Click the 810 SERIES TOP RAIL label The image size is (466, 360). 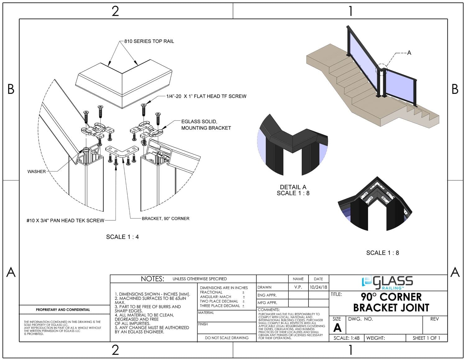point(149,41)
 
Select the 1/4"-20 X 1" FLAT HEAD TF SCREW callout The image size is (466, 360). point(206,96)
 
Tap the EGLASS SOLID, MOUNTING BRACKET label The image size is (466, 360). point(206,125)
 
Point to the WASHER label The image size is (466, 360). point(36,171)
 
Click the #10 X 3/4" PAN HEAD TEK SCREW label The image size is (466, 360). point(65,221)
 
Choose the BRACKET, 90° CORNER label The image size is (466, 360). point(165,218)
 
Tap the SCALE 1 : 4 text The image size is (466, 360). point(122,237)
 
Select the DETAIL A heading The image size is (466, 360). point(293,187)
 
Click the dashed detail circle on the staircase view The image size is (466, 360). point(381,70)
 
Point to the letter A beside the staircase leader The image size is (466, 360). point(409,53)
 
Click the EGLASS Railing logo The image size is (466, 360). point(387,282)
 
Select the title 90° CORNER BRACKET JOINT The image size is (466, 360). point(391,302)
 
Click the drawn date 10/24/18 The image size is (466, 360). point(318,287)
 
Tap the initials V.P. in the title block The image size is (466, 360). point(298,287)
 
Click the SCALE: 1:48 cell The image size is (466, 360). point(346,338)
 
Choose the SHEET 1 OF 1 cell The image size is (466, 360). point(426,338)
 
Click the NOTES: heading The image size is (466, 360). point(152,279)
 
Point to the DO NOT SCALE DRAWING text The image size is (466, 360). point(226,338)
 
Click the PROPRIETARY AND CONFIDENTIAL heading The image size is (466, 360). point(63,310)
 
